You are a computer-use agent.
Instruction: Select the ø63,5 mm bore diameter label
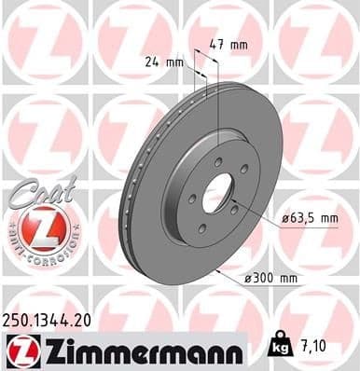pos(310,219)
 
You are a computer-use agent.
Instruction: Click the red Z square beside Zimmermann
pos(21,351)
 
